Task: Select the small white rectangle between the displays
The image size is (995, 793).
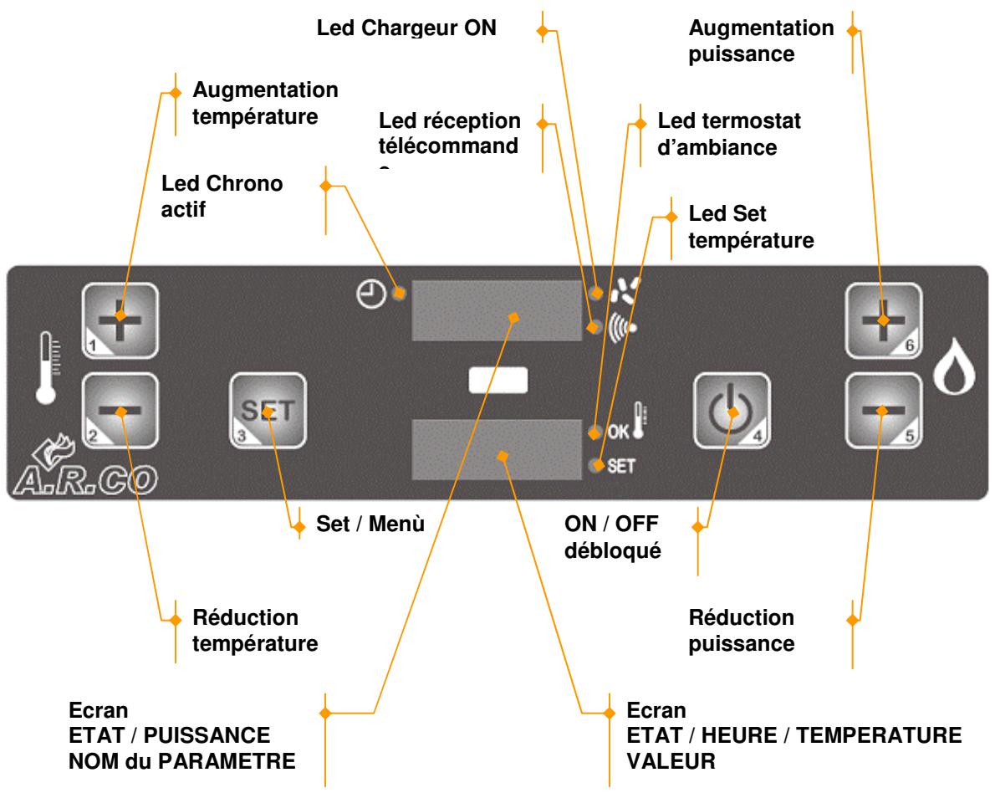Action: (x=498, y=381)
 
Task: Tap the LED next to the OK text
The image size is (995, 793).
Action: (x=594, y=433)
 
